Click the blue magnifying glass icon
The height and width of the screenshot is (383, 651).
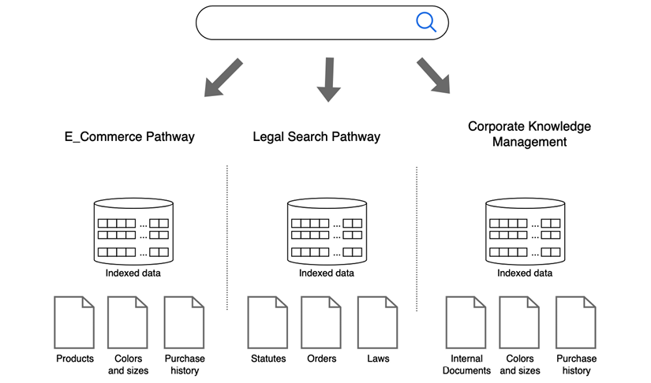(426, 22)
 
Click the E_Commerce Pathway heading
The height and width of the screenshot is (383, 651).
(129, 137)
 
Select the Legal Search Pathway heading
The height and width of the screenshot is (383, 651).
(316, 137)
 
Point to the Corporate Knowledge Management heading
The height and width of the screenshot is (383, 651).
(529, 135)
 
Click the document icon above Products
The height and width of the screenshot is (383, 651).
(74, 322)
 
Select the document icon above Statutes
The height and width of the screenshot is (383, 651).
(268, 322)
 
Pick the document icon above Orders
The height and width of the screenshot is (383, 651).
(321, 322)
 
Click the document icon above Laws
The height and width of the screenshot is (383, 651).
(377, 322)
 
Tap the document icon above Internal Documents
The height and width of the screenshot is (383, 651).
(466, 322)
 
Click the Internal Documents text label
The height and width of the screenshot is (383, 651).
(466, 364)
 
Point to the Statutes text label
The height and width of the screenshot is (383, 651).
(268, 359)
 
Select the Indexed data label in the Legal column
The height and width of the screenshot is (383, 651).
(327, 273)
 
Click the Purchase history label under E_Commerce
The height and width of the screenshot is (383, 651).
(185, 364)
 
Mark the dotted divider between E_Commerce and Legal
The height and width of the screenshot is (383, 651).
(227, 236)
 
